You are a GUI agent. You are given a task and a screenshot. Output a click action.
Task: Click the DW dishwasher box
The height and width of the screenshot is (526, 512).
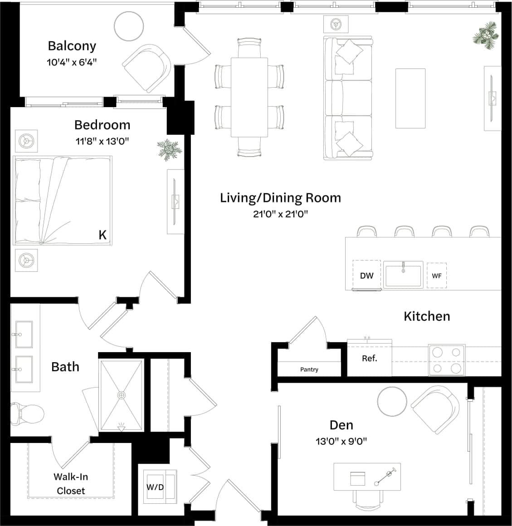[366, 275]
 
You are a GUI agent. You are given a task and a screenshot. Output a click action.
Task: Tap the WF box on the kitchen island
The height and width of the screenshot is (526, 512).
[436, 275]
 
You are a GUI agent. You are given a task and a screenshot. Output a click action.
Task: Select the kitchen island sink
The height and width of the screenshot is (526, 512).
[403, 275]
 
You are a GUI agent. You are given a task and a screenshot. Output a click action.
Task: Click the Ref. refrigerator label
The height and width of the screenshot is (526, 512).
[369, 359]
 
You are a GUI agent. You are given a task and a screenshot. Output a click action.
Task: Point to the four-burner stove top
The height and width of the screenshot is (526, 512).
[447, 359]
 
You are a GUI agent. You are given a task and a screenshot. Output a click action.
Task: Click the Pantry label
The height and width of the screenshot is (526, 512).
[309, 369]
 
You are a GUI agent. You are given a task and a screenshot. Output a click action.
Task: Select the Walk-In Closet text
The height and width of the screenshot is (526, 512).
[71, 484]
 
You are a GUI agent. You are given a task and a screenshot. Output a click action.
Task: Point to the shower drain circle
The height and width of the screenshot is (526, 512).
[121, 395]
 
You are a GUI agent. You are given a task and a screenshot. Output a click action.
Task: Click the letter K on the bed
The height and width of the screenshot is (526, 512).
[102, 235]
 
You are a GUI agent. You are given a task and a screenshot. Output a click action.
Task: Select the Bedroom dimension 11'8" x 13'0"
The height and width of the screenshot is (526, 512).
[102, 141]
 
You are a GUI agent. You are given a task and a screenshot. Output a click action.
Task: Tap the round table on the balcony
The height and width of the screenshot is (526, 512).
[129, 26]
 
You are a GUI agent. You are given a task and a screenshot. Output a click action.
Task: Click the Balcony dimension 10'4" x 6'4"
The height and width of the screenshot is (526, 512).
[72, 62]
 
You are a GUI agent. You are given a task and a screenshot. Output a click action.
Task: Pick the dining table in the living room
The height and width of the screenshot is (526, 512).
[249, 97]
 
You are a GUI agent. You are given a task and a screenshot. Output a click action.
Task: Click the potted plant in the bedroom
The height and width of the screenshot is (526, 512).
[169, 149]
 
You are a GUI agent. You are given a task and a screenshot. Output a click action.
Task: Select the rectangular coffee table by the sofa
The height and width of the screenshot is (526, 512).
[410, 98]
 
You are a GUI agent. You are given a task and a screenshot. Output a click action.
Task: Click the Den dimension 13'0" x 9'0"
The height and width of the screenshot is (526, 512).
[341, 441]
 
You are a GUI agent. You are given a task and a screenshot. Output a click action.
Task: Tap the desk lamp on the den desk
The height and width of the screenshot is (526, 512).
[384, 477]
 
